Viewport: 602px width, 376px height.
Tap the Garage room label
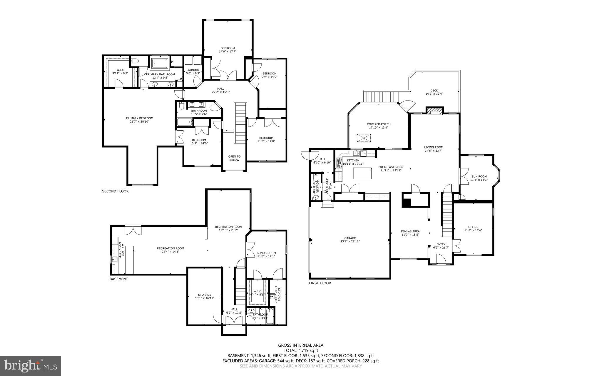tap(350, 238)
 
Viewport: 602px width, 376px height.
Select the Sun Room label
tap(479, 176)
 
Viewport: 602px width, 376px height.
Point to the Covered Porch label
tap(379, 124)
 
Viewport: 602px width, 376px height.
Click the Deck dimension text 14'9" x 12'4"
tap(434, 94)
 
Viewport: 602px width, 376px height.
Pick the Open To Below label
tap(234, 158)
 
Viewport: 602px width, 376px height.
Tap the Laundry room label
tap(193, 70)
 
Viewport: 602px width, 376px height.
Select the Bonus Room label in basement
tap(266, 253)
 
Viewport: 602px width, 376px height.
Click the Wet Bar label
tap(122, 250)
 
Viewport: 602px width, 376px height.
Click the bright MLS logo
tap(31, 366)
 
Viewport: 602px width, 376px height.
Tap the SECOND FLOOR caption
tap(115, 191)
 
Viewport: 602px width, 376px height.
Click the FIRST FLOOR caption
tap(320, 283)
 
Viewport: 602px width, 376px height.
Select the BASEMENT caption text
tap(119, 279)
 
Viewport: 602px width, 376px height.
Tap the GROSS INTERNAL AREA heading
tap(301, 345)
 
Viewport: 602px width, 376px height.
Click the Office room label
tap(473, 227)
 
